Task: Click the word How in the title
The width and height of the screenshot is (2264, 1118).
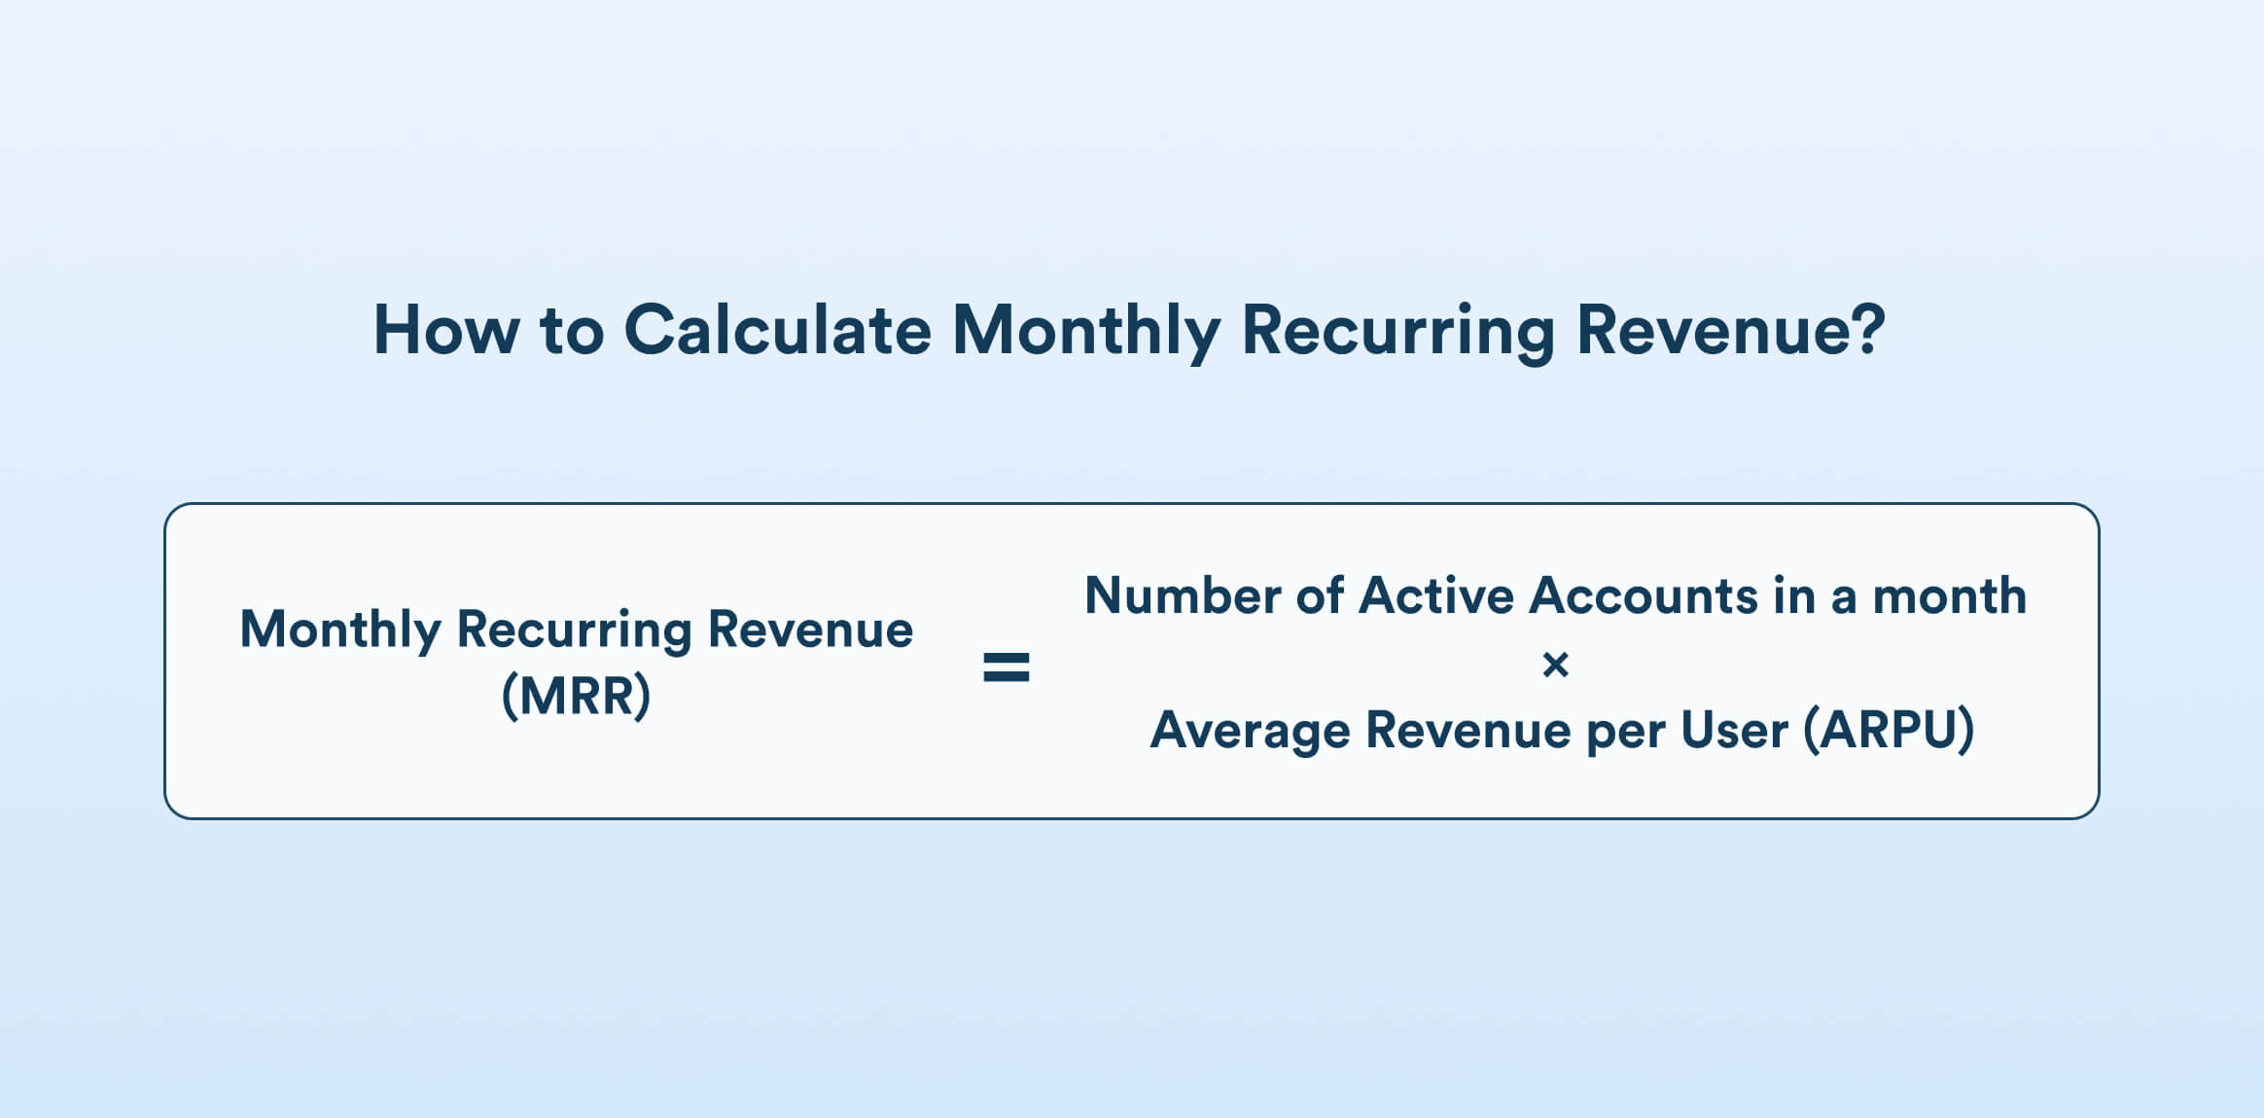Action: tap(446, 330)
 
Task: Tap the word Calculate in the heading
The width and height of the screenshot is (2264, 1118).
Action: tap(777, 330)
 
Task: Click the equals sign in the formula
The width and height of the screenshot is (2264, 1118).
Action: tap(1006, 667)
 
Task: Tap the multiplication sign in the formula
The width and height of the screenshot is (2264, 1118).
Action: tap(1555, 666)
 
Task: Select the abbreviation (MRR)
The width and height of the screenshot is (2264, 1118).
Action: tap(576, 696)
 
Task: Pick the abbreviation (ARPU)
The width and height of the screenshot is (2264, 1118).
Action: tap(1888, 730)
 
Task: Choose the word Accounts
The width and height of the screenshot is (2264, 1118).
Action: tap(1643, 595)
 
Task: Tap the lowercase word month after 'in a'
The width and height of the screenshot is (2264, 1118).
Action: tap(1949, 595)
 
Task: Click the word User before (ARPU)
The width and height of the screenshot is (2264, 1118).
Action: tap(1734, 730)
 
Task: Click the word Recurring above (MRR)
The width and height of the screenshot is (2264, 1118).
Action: tap(574, 631)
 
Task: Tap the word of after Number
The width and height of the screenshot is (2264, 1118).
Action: tap(1320, 595)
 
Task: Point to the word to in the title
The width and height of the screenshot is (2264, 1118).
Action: tap(571, 330)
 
